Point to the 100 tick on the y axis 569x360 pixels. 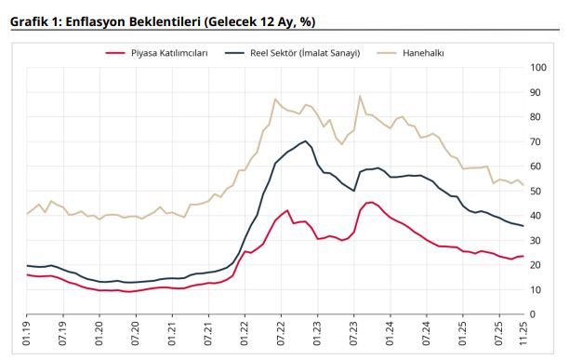point(538,68)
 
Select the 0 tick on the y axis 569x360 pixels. point(534,314)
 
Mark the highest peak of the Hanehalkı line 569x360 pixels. point(360,96)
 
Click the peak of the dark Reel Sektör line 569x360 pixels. point(306,141)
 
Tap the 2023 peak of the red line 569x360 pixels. point(370,202)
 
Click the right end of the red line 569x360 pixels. point(523,256)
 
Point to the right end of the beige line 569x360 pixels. point(523,185)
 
